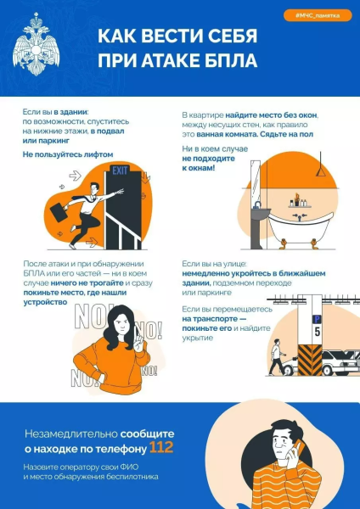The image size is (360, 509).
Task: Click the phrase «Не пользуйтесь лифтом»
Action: tap(67, 155)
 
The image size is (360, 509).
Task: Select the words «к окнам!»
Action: tap(198, 167)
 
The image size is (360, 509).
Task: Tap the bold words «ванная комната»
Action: tap(225, 134)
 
